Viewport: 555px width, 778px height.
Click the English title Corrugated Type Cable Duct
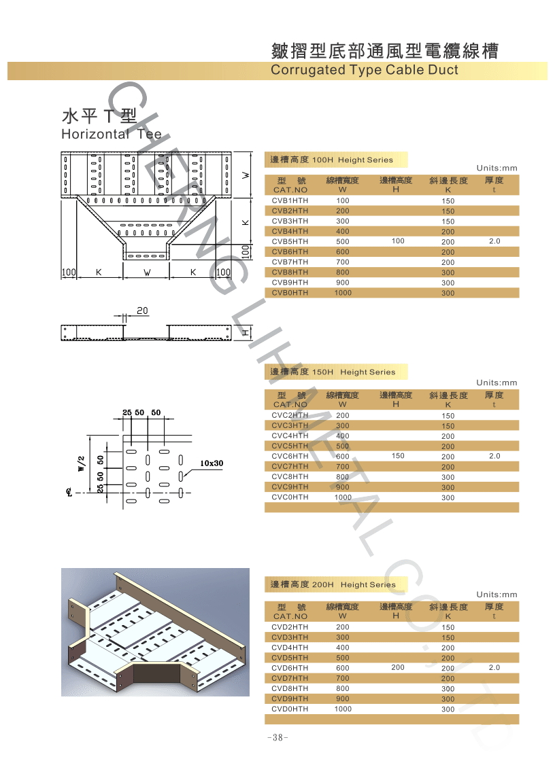[364, 70]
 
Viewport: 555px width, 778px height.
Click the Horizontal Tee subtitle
[112, 134]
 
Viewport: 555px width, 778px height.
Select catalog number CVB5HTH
[290, 242]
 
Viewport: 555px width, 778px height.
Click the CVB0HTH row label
[290, 293]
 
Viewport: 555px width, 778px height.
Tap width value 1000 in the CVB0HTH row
[343, 293]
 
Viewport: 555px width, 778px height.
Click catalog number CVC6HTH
[290, 457]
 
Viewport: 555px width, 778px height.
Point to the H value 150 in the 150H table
[398, 456]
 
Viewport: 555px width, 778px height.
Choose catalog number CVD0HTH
[290, 709]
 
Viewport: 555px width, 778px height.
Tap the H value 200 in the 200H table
[398, 668]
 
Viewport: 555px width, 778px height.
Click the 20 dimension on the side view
[142, 311]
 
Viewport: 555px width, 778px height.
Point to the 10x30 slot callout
[212, 463]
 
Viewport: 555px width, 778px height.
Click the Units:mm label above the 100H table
[497, 168]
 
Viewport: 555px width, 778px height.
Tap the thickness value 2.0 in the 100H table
[494, 242]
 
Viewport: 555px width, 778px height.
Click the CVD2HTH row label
[290, 627]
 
